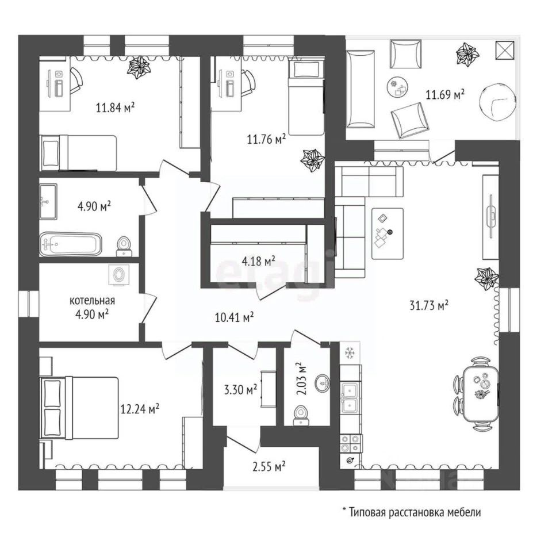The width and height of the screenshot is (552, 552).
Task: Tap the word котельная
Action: tap(92, 301)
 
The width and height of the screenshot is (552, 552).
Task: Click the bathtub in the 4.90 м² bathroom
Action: tap(71, 244)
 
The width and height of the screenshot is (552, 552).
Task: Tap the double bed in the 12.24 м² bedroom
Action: tap(80, 408)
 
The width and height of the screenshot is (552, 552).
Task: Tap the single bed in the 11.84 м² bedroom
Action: tap(79, 152)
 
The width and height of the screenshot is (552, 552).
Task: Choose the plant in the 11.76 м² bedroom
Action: tap(313, 159)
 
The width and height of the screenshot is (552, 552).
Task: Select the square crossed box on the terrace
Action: tap(504, 51)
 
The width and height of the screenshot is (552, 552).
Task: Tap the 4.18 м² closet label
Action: tap(258, 262)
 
